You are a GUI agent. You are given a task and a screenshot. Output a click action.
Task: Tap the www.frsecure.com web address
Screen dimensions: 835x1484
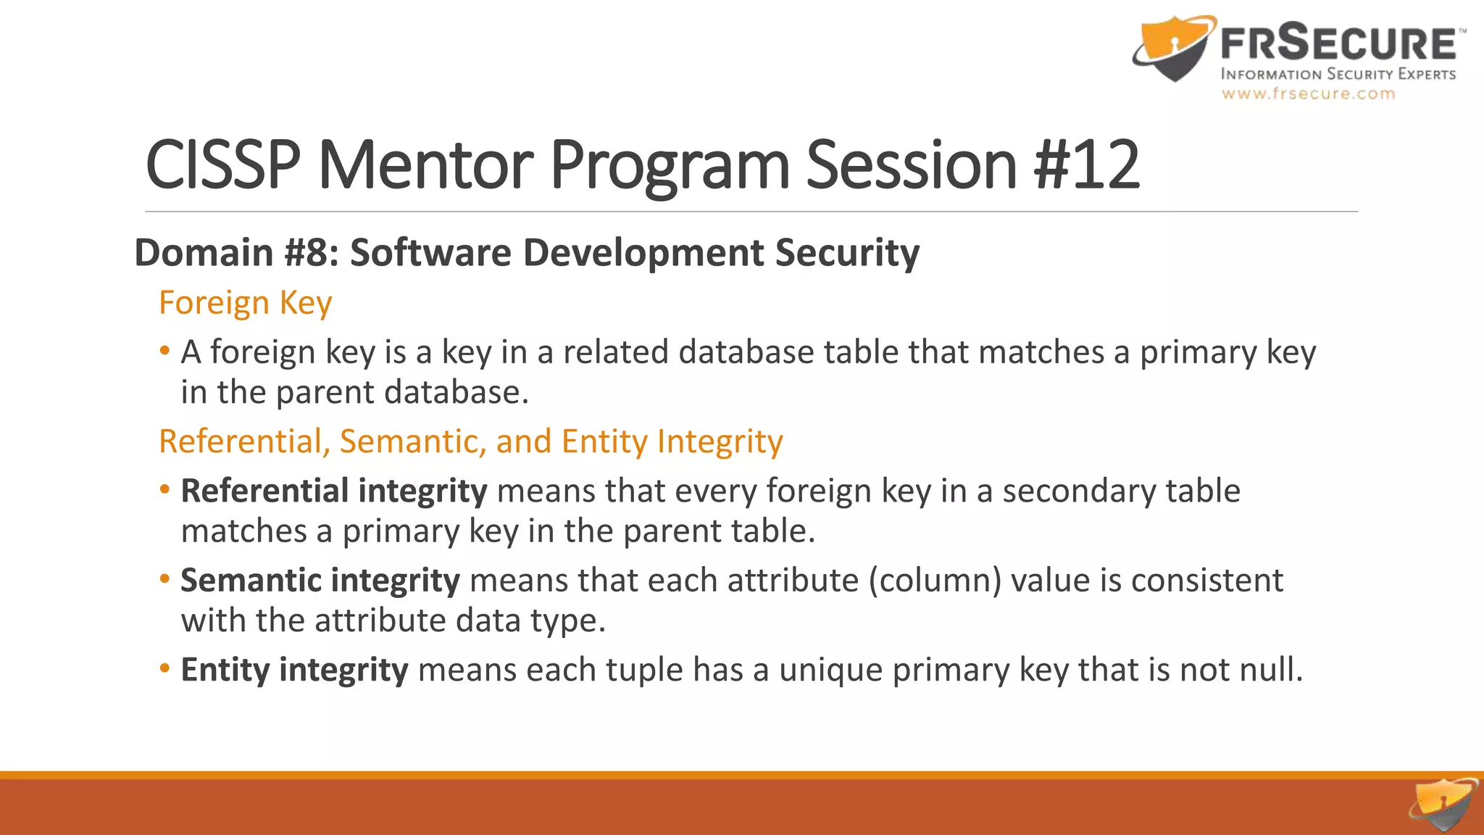pyautogui.click(x=1308, y=94)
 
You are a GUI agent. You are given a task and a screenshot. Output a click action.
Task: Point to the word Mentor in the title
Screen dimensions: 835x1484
pyautogui.click(x=425, y=165)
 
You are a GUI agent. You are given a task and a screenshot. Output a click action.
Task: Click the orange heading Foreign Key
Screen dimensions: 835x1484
pyautogui.click(x=245, y=303)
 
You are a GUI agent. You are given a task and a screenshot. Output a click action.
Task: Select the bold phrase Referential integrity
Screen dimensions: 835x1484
pyautogui.click(x=334, y=491)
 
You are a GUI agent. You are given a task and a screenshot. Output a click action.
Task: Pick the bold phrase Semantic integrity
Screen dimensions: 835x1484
pyautogui.click(x=320, y=581)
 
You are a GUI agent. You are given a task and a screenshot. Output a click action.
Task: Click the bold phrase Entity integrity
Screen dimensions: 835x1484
pyautogui.click(x=294, y=670)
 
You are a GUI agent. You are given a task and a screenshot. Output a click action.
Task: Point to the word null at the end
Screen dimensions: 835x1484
pyautogui.click(x=1271, y=670)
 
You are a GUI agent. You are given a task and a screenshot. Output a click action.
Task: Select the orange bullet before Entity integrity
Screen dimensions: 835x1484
pyautogui.click(x=164, y=668)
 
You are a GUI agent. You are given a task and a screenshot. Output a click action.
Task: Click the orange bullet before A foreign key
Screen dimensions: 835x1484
pyautogui.click(x=164, y=352)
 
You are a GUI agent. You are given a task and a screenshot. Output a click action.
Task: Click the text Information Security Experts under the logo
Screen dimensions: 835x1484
pyautogui.click(x=1338, y=74)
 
